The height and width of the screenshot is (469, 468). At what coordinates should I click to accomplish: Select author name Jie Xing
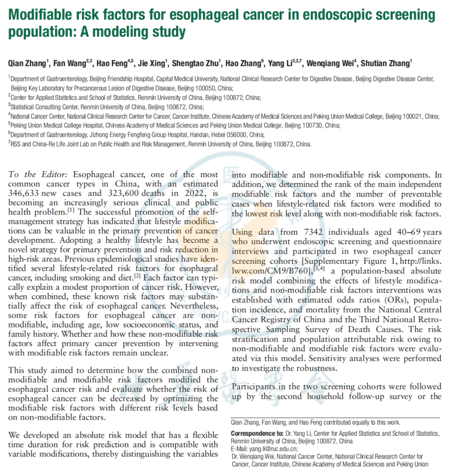point(153,63)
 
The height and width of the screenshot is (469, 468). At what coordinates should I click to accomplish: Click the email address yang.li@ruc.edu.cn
point(274,449)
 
